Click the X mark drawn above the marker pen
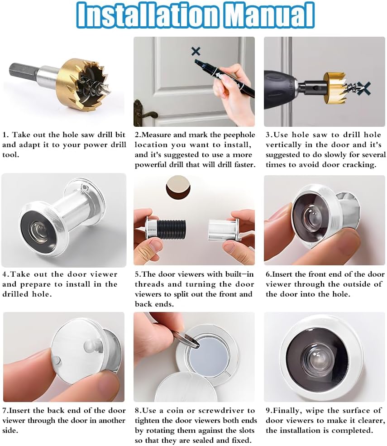point(196,51)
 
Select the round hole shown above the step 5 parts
point(177,187)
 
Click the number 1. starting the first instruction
point(5,135)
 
